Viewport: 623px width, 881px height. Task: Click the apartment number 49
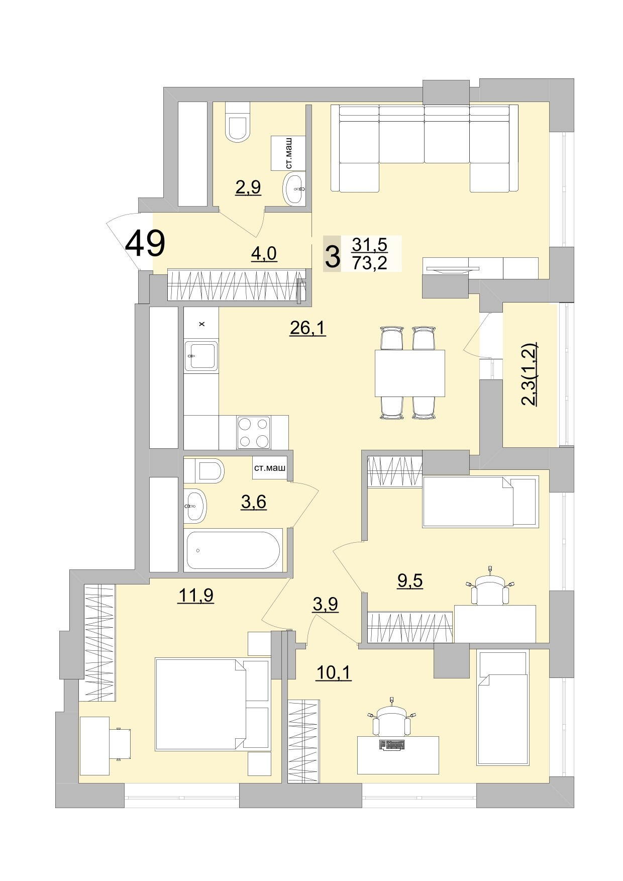(145, 243)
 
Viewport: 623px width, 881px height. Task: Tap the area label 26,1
(308, 328)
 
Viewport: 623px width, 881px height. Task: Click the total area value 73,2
(370, 262)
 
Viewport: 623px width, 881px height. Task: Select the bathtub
(233, 550)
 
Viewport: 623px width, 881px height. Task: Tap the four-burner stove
(254, 432)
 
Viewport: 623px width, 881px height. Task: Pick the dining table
(409, 373)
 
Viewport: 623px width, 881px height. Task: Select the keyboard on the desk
(392, 745)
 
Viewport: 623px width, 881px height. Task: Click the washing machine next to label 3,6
(270, 468)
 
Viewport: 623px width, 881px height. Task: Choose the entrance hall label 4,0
(264, 253)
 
